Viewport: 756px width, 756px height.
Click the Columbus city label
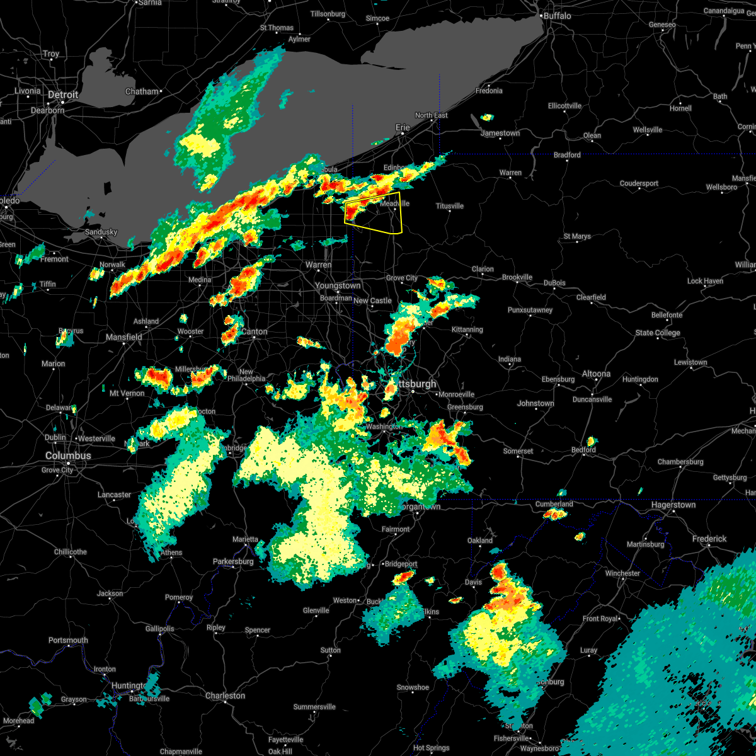pyautogui.click(x=68, y=455)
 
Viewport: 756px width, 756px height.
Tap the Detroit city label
pyautogui.click(x=63, y=94)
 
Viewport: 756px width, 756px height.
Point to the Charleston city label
pyautogui.click(x=225, y=696)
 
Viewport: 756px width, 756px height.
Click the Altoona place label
pyautogui.click(x=596, y=374)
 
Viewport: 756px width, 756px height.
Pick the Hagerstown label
pyautogui.click(x=673, y=505)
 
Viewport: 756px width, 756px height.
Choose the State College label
pyautogui.click(x=658, y=333)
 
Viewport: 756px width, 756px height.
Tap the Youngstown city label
pyautogui.click(x=338, y=285)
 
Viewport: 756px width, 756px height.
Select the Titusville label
pyautogui.click(x=450, y=206)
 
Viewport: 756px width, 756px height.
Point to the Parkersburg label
pyautogui.click(x=232, y=561)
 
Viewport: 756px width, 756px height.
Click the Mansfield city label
pyautogui.click(x=124, y=337)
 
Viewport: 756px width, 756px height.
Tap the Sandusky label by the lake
pyautogui.click(x=101, y=232)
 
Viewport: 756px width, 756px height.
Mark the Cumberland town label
pyautogui.click(x=554, y=504)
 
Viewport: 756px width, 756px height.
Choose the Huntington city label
pyautogui.click(x=129, y=685)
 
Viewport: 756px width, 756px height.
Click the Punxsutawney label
pyautogui.click(x=530, y=310)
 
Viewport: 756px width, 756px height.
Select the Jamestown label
pyautogui.click(x=500, y=133)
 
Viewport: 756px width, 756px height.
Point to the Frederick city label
pyautogui.click(x=709, y=539)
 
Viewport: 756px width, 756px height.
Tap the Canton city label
pyautogui.click(x=255, y=331)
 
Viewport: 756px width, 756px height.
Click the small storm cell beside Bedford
pyautogui.click(x=591, y=441)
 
